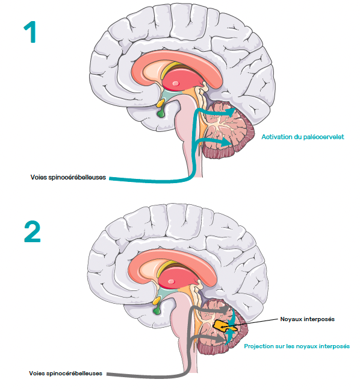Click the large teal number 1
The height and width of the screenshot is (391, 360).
(x=31, y=32)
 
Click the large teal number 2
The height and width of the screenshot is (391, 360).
(x=32, y=232)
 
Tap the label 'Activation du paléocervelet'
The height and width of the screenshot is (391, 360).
(x=303, y=137)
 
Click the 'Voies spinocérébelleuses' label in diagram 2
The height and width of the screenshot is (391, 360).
(x=66, y=374)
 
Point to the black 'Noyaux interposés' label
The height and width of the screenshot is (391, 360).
(x=307, y=319)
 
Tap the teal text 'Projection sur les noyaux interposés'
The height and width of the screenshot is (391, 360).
(x=297, y=346)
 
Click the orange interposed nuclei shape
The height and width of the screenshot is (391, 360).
(x=222, y=325)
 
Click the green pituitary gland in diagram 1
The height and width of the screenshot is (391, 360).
(x=161, y=113)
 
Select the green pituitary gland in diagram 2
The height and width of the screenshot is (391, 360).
(x=157, y=310)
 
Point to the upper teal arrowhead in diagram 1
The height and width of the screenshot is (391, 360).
(x=230, y=111)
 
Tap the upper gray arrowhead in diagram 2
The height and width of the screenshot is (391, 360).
(x=224, y=310)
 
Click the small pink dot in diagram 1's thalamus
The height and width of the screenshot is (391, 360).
(x=176, y=84)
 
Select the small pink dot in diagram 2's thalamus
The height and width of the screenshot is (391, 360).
(x=171, y=282)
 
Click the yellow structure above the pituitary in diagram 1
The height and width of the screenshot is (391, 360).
(x=160, y=103)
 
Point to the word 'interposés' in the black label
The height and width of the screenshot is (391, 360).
(x=321, y=319)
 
